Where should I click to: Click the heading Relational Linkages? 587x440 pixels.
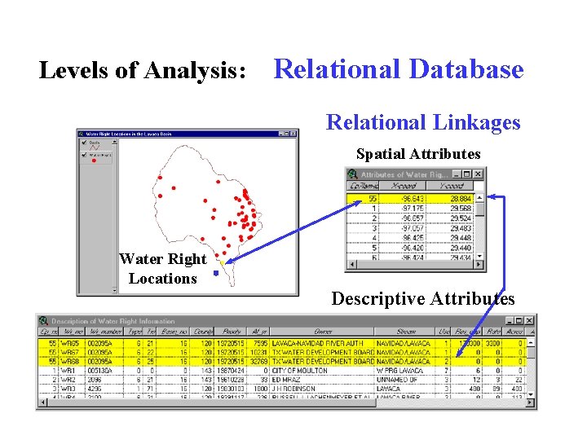[x=422, y=122]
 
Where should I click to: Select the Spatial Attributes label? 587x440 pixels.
[x=417, y=154]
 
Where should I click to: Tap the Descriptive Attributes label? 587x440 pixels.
[x=422, y=299]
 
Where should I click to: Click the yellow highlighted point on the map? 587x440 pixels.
[x=222, y=262]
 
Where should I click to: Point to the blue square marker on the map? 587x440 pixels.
[x=215, y=274]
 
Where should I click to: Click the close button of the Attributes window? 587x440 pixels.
[x=479, y=174]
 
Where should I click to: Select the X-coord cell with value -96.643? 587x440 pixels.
[x=411, y=199]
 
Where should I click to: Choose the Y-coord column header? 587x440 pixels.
[x=452, y=187]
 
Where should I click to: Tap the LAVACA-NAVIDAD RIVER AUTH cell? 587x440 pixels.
[x=320, y=342]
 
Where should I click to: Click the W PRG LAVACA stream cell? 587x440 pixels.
[x=397, y=370]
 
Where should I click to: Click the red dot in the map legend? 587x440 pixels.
[x=95, y=161]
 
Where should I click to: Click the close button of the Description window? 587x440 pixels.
[x=531, y=321]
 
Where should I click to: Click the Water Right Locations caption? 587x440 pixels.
[x=163, y=269]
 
